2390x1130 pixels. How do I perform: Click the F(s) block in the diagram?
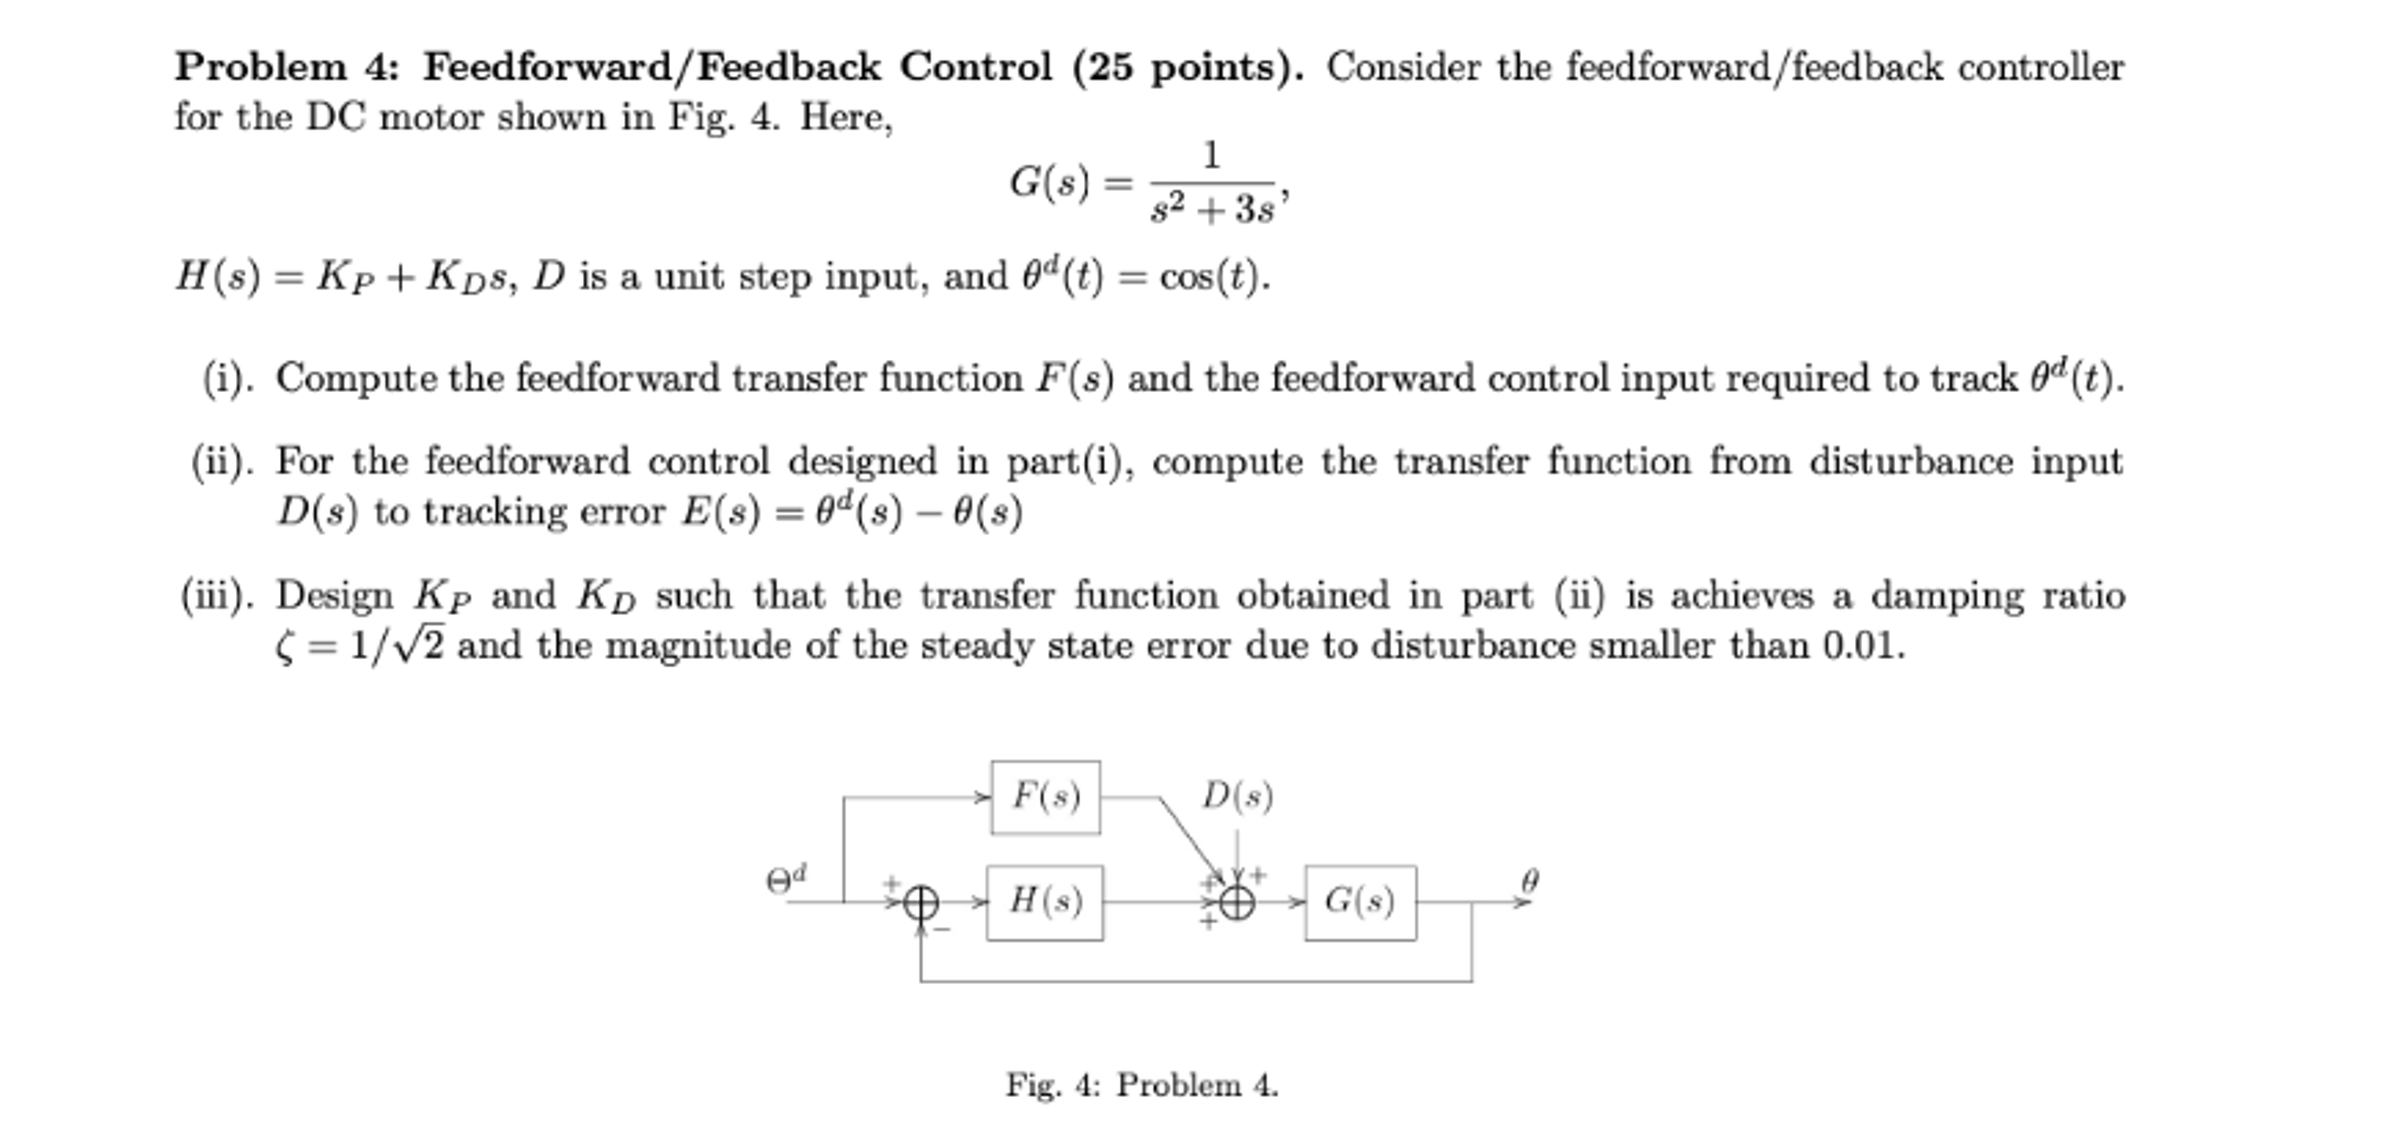[x=1045, y=797]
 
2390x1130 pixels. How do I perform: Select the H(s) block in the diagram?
[x=1044, y=901]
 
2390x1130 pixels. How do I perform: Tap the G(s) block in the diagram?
[x=1360, y=901]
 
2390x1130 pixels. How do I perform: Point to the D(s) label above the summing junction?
[x=1237, y=796]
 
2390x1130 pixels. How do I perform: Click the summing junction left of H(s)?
[x=921, y=901]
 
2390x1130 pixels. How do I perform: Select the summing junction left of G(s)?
[x=1236, y=901]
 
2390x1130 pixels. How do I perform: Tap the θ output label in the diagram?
[x=1530, y=879]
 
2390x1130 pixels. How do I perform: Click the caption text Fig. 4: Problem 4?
[x=1142, y=1084]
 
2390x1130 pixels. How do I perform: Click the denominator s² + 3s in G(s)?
[x=1212, y=210]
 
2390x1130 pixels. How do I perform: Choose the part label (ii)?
[x=222, y=461]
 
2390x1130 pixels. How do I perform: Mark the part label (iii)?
[x=217, y=595]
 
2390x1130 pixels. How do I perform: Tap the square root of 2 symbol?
[x=420, y=644]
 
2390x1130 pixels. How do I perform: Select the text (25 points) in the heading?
[x=1188, y=67]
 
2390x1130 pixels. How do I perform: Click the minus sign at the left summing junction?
[x=944, y=928]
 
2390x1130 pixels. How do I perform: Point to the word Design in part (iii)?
[x=335, y=596]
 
